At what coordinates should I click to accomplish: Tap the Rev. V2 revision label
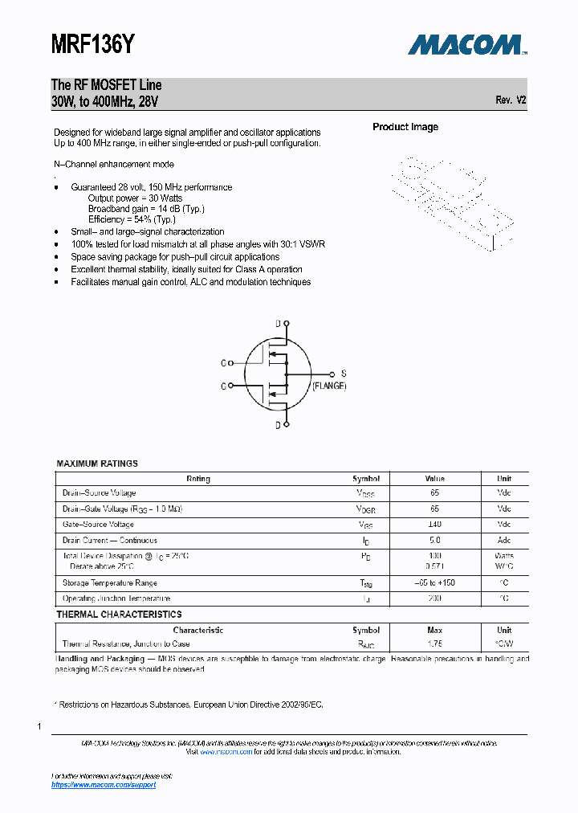pyautogui.click(x=511, y=100)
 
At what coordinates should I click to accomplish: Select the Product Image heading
pyautogui.click(x=405, y=127)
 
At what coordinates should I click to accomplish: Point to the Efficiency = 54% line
pyautogui.click(x=132, y=219)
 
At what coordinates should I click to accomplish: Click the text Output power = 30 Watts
pyautogui.click(x=135, y=198)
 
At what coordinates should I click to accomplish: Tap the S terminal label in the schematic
pyautogui.click(x=344, y=374)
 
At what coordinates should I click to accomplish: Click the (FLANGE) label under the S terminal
pyautogui.click(x=329, y=386)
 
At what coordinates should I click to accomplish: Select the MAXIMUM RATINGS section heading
pyautogui.click(x=97, y=464)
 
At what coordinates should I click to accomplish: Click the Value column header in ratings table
pyautogui.click(x=434, y=479)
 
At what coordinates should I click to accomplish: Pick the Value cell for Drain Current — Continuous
pyautogui.click(x=434, y=541)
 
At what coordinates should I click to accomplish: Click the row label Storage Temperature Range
pyautogui.click(x=110, y=583)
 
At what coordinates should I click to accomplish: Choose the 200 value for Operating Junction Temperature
pyautogui.click(x=434, y=599)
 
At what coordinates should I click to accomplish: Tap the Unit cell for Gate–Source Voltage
pyautogui.click(x=503, y=525)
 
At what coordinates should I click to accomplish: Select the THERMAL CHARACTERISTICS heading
pyautogui.click(x=119, y=615)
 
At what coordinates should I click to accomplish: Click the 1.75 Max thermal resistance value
pyautogui.click(x=434, y=644)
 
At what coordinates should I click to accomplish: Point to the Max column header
pyautogui.click(x=434, y=631)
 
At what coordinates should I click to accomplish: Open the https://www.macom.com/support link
pyautogui.click(x=104, y=785)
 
